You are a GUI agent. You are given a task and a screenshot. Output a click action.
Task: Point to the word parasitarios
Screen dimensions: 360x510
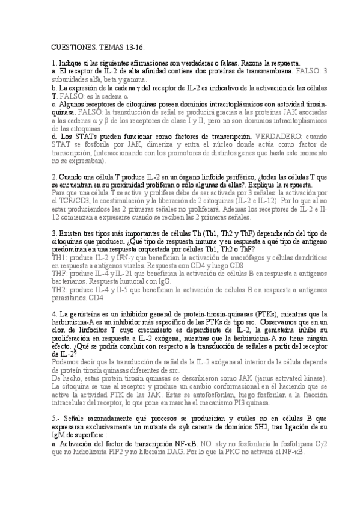tap(72, 296)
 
